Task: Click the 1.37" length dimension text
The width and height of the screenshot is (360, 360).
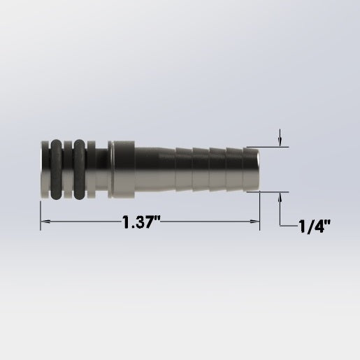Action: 141,222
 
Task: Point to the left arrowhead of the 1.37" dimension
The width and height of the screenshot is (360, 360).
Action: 43,222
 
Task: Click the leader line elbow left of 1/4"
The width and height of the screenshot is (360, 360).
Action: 280,226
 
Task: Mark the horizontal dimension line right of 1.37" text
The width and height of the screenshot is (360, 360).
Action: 210,222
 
